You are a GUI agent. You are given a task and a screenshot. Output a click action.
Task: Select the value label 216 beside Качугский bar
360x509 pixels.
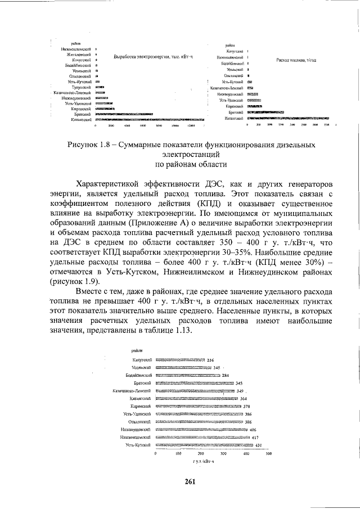pos(211,359)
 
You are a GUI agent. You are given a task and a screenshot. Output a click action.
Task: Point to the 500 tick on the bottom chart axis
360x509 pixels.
pos(269,453)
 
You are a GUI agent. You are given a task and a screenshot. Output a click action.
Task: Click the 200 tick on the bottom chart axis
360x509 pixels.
pos(200,453)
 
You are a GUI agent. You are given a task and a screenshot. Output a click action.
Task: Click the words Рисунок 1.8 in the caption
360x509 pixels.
pos(89,145)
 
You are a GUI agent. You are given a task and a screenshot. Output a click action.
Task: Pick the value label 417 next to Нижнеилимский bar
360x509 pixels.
pos(255,437)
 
